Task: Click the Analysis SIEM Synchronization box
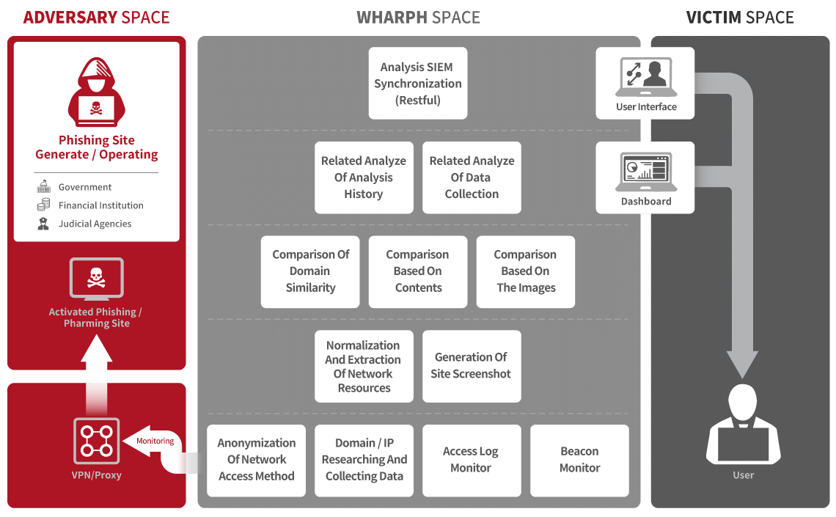point(418,83)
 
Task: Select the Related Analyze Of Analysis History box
point(364,177)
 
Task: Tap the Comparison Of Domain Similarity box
point(310,272)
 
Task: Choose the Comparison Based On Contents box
point(418,272)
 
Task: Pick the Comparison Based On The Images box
point(526,272)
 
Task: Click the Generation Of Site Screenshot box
point(472,366)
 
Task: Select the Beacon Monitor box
point(579,461)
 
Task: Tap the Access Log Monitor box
point(472,461)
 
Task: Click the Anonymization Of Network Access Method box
point(257,461)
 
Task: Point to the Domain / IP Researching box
point(364,461)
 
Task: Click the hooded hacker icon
point(97,92)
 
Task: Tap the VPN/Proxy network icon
point(97,441)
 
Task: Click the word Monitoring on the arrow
point(155,441)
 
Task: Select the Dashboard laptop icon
point(646,172)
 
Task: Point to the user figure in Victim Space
point(743,424)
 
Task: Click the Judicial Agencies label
point(95,224)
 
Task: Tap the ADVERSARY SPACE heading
point(97,18)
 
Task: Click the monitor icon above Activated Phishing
point(97,279)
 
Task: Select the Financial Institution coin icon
point(44,205)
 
